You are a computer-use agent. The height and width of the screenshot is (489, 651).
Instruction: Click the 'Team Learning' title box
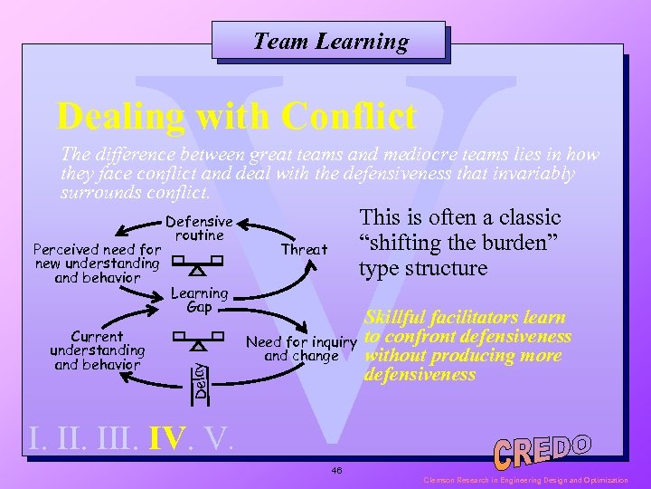[x=330, y=41]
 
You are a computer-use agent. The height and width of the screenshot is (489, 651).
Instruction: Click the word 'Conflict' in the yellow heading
[x=349, y=116]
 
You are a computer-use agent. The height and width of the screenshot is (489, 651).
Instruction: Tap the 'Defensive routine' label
[x=199, y=227]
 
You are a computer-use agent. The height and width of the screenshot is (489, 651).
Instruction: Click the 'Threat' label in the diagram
[x=304, y=249]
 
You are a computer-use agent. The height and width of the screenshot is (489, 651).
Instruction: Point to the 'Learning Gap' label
[x=199, y=300]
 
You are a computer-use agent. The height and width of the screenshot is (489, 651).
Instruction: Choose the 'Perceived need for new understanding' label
[x=97, y=263]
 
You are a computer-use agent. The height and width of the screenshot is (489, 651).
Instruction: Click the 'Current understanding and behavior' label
[x=97, y=350]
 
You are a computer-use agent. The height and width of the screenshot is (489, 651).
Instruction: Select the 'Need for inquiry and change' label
[x=301, y=349]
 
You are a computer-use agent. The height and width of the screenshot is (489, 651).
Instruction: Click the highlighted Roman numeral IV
[x=168, y=439]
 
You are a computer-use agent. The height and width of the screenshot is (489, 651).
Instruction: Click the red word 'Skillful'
[x=395, y=318]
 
